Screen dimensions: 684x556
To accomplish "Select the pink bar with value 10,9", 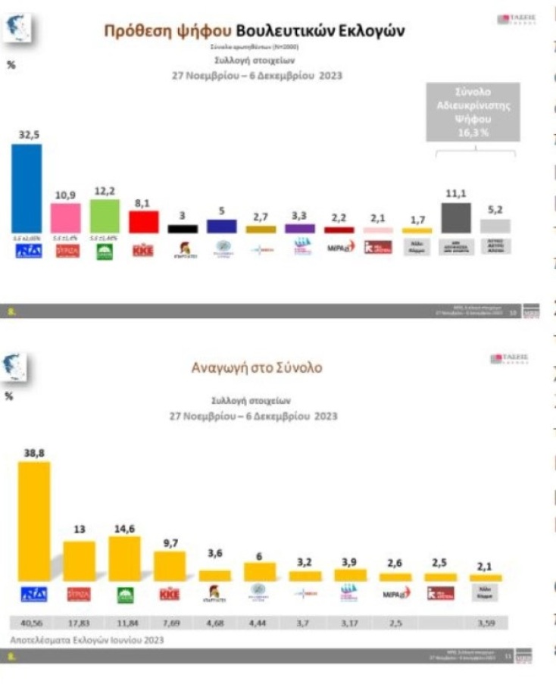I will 65,218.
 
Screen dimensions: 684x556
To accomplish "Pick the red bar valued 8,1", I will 143,221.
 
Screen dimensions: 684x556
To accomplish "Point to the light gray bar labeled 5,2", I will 495,226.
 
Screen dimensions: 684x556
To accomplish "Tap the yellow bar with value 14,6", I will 124,558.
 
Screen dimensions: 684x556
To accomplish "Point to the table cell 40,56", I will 34,623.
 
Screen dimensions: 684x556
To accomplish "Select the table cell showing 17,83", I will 79,623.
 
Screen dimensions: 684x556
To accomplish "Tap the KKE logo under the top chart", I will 143,250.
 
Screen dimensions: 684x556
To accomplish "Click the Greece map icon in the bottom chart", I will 19,367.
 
